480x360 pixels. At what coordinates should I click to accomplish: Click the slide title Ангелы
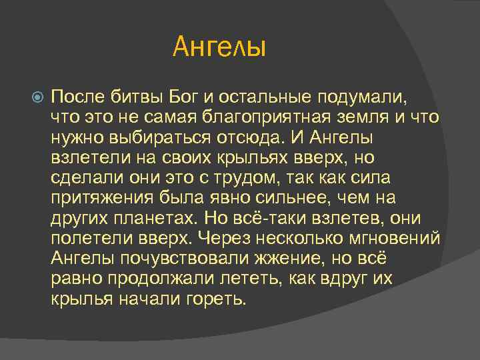click(219, 47)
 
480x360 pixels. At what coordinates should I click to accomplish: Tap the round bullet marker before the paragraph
click(37, 97)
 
